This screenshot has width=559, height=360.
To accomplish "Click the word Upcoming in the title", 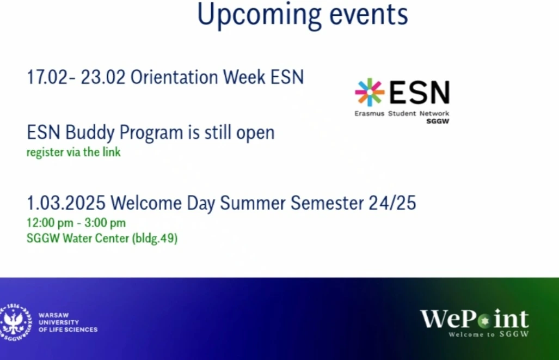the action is tap(259, 15).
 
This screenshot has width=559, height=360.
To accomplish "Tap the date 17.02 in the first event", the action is tap(47, 77).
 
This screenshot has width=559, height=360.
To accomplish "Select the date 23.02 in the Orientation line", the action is tap(103, 77).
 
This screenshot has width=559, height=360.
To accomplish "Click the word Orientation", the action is tap(174, 77).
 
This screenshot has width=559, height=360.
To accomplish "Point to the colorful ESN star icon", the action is tap(370, 92).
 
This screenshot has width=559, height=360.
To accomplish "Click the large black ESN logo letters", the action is tap(419, 92).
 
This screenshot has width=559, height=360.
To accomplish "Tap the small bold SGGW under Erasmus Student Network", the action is tap(438, 121).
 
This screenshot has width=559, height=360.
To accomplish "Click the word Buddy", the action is tap(90, 133).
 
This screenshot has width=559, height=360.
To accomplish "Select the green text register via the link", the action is tap(74, 152).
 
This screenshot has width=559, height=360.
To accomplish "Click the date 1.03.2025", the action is tap(66, 203).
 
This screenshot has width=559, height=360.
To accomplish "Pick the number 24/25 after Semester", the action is tap(392, 203).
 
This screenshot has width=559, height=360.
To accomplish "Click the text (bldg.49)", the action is tap(155, 239).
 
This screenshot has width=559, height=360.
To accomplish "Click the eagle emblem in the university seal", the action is tap(14, 322).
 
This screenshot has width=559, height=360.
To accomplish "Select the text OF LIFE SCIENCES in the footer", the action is tap(68, 330).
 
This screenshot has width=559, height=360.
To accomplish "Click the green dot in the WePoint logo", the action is tap(484, 321).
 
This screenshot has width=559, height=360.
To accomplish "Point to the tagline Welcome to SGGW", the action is tap(489, 334).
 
